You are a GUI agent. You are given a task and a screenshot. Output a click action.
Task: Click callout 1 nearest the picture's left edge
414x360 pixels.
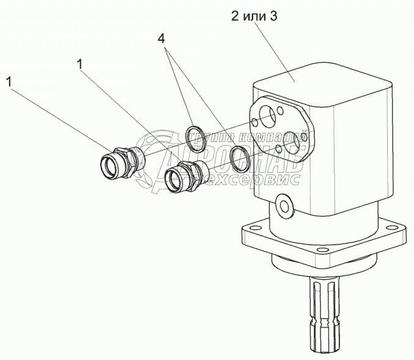point(9,80)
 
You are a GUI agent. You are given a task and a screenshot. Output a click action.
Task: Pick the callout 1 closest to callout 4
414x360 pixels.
point(80,64)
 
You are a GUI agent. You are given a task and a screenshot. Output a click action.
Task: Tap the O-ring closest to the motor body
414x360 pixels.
point(240,159)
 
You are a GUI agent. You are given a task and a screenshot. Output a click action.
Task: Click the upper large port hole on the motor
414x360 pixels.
point(267,114)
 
